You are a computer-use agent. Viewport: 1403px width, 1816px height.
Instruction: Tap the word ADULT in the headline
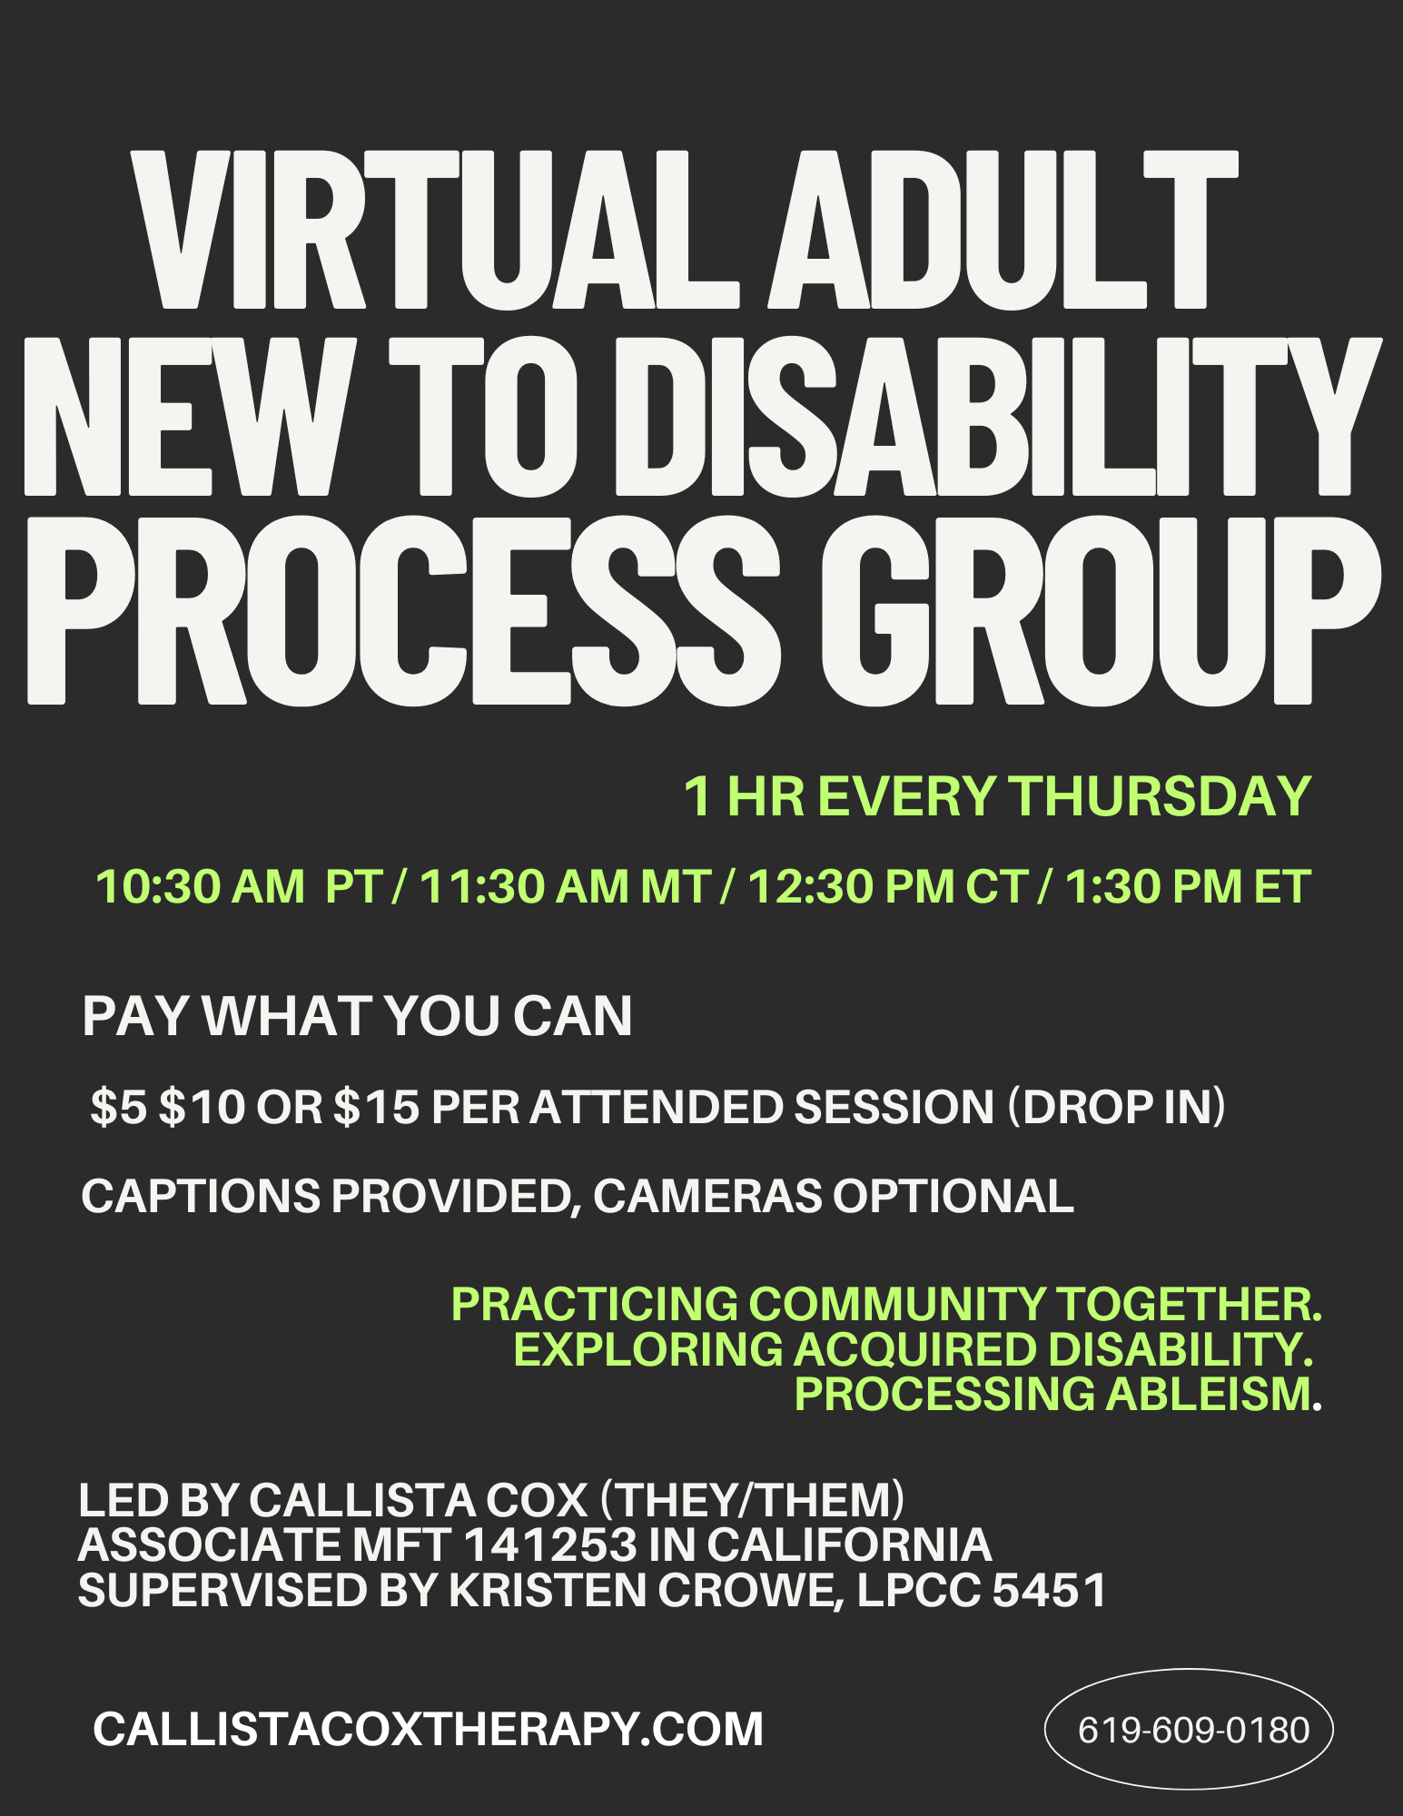(1003, 232)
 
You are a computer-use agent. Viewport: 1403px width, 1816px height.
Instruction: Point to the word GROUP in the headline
(1100, 613)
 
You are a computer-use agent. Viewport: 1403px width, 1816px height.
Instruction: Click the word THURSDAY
(1161, 796)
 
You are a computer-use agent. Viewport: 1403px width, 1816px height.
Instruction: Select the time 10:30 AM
(200, 886)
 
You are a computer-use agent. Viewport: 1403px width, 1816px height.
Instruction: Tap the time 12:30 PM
(851, 886)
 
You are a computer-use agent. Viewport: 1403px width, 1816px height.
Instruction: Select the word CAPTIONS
(200, 1196)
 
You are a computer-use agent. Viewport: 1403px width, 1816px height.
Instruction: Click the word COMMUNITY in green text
(896, 1304)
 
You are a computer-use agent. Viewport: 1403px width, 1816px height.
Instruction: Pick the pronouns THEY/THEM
(752, 1499)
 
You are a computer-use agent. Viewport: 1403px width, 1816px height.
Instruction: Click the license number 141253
(550, 1545)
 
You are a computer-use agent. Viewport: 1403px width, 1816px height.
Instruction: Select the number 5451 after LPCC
(1049, 1590)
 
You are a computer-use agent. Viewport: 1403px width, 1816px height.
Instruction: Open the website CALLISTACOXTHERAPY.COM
(428, 1729)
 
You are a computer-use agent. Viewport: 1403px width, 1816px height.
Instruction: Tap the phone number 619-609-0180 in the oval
(1193, 1731)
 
